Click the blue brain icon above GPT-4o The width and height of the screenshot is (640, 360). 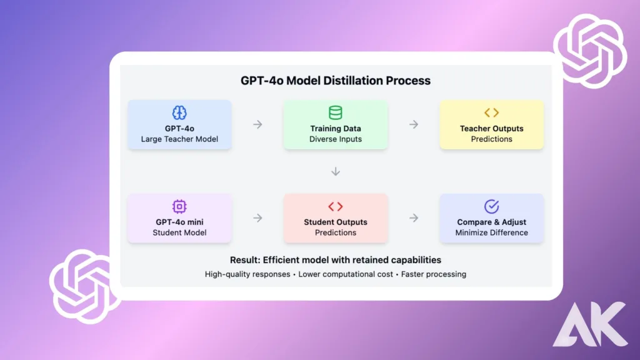tap(179, 112)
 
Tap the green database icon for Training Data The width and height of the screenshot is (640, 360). tap(336, 112)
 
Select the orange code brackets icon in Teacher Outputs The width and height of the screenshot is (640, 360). tap(491, 112)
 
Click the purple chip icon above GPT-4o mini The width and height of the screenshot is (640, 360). tap(179, 206)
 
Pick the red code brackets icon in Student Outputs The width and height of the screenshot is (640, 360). tap(336, 206)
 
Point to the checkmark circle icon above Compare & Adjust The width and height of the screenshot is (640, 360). tap(491, 206)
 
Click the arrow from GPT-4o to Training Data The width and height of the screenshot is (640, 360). tap(257, 124)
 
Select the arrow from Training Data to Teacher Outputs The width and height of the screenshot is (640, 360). tap(414, 124)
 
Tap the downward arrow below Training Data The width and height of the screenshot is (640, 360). tap(336, 171)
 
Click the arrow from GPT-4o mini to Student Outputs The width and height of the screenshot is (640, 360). tap(257, 218)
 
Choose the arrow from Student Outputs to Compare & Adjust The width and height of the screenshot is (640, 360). tap(414, 218)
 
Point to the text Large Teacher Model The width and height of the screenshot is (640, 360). tap(179, 139)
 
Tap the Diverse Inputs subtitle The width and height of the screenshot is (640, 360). tap(336, 139)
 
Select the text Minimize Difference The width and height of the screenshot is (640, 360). tap(491, 232)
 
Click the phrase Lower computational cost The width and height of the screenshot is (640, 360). tap(345, 274)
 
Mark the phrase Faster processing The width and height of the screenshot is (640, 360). tap(434, 274)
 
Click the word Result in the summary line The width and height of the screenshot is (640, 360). tap(244, 260)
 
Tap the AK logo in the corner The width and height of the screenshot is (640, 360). tap(590, 324)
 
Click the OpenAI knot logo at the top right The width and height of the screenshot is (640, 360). tap(590, 51)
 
